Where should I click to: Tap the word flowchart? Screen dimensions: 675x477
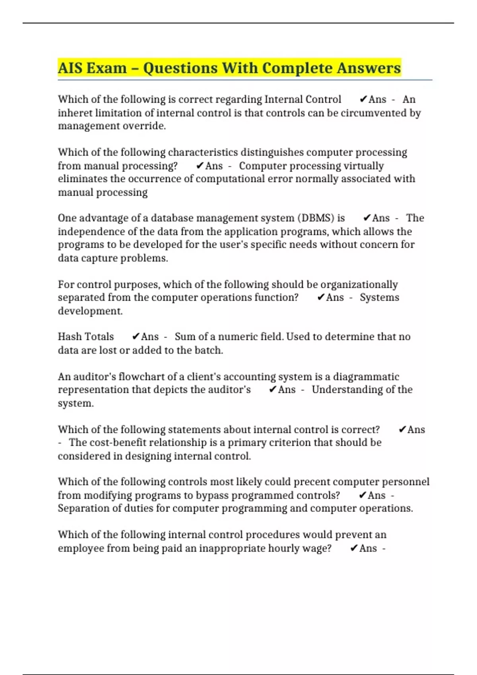142,376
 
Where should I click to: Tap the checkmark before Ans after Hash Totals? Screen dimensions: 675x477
136,337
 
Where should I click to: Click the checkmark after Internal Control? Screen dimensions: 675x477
363,99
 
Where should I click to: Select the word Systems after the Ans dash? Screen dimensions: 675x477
379,297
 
